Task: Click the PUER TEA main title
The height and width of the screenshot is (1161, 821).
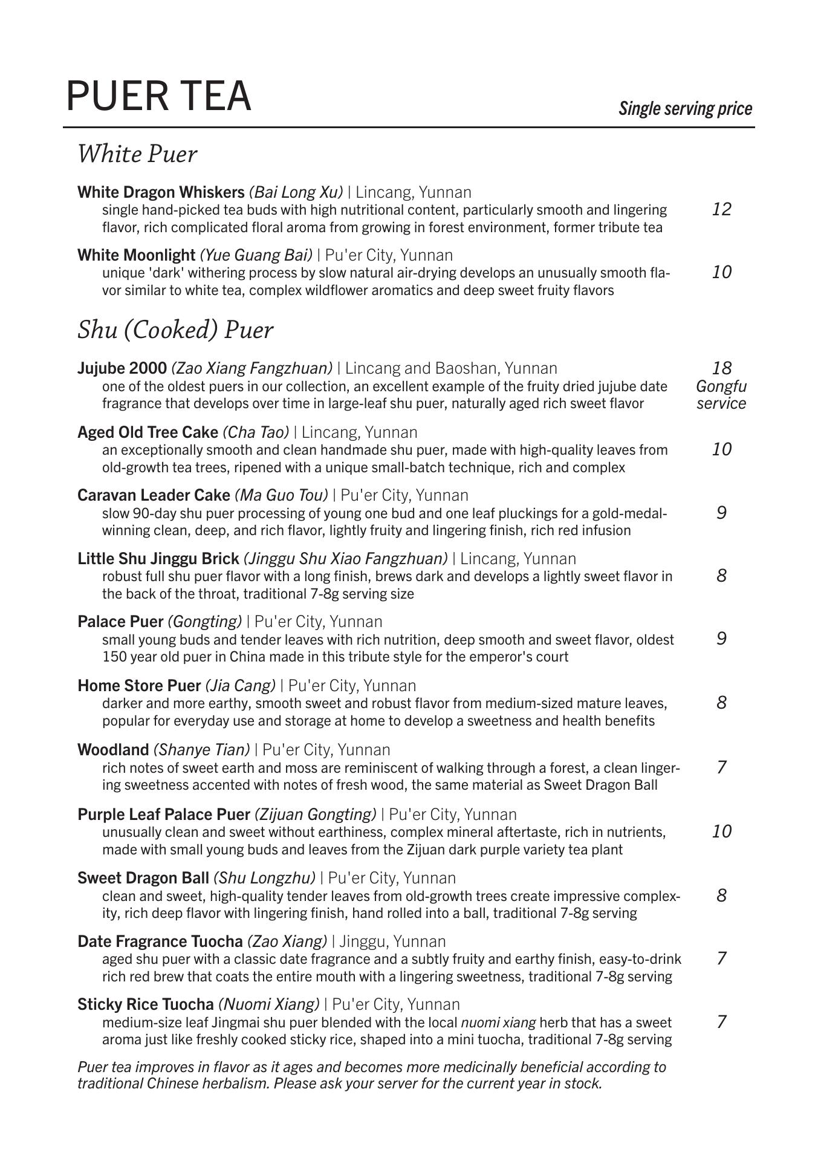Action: click(158, 96)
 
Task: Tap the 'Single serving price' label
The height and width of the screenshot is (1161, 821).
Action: click(685, 109)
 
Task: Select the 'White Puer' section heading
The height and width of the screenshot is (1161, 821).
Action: click(137, 154)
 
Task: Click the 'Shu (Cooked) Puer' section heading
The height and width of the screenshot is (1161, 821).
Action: click(175, 330)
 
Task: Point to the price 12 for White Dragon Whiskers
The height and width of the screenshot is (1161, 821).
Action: click(721, 209)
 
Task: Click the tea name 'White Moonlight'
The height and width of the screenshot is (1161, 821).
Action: click(137, 255)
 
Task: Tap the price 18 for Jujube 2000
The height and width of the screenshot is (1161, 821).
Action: click(721, 368)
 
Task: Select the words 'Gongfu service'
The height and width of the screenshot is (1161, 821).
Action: click(721, 395)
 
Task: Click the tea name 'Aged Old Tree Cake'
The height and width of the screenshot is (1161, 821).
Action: click(148, 432)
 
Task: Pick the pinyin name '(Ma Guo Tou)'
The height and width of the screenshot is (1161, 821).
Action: click(281, 495)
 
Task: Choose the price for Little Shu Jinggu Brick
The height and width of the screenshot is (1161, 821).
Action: click(721, 575)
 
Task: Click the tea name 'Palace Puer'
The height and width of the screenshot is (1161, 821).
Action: click(120, 622)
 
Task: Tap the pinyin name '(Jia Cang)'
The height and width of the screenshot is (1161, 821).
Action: click(240, 686)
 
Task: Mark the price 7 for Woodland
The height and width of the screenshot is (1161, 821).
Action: click(721, 767)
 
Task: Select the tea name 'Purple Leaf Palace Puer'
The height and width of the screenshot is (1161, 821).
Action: click(163, 815)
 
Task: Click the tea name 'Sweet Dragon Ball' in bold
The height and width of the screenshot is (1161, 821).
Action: click(143, 878)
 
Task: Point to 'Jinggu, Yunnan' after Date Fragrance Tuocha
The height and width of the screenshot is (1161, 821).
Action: click(392, 941)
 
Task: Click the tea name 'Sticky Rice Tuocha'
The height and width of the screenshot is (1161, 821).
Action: click(146, 1004)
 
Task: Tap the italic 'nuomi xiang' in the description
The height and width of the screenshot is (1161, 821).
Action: click(498, 1023)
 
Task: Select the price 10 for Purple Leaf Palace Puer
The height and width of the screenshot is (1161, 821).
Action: click(721, 831)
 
